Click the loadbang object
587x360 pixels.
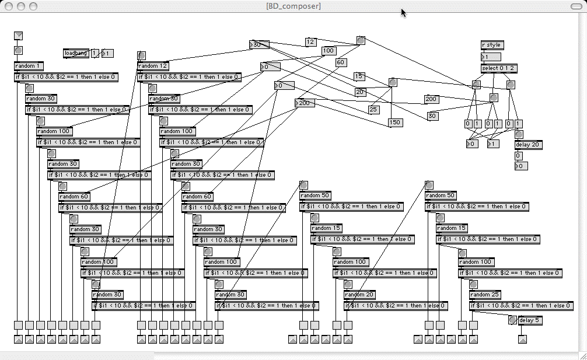tap(76, 54)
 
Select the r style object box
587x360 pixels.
tap(491, 45)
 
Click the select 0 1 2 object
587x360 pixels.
tap(498, 68)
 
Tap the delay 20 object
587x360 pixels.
tap(527, 144)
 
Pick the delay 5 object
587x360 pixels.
tap(530, 320)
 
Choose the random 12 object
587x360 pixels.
tap(153, 66)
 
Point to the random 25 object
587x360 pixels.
tap(485, 295)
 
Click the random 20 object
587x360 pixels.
tap(359, 295)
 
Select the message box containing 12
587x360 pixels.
tap(310, 42)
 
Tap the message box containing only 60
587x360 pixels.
tap(341, 62)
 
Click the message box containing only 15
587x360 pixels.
tap(359, 76)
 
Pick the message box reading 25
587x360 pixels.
tap(374, 109)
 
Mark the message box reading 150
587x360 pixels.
tap(395, 123)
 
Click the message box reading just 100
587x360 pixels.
tap(329, 51)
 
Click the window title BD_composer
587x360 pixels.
tap(293, 6)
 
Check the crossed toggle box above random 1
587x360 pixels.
tap(18, 36)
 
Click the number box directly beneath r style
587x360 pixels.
tap(491, 57)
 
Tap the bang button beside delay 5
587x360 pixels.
tap(512, 320)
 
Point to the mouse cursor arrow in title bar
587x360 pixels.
tap(403, 12)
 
